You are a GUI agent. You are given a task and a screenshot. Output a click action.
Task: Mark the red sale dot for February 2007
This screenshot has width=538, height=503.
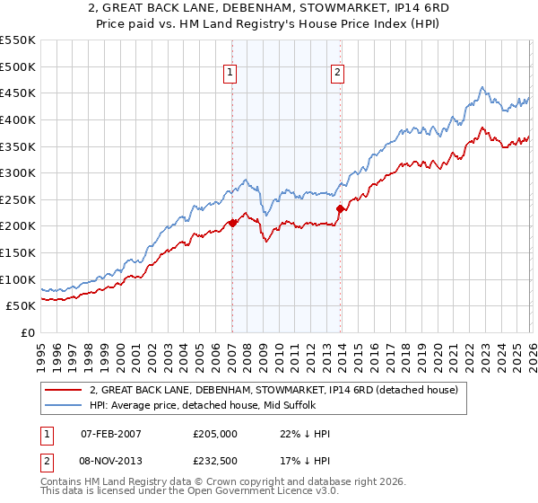(232, 223)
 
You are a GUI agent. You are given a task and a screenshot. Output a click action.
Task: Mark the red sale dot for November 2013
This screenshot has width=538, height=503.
(340, 208)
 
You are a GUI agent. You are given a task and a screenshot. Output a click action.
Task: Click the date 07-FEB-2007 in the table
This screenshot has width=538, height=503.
(111, 435)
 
